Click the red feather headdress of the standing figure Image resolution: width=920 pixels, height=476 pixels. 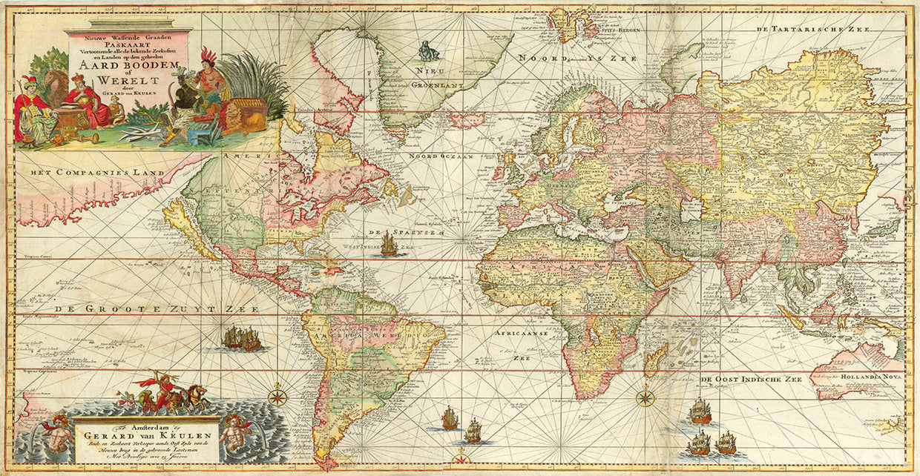[x=209, y=56]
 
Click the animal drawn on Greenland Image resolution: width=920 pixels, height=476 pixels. [x=428, y=50]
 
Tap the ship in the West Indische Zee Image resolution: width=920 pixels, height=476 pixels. [x=389, y=245]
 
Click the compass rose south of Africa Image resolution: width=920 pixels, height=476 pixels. [x=645, y=398]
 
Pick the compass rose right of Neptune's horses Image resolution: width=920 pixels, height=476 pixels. [x=278, y=395]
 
